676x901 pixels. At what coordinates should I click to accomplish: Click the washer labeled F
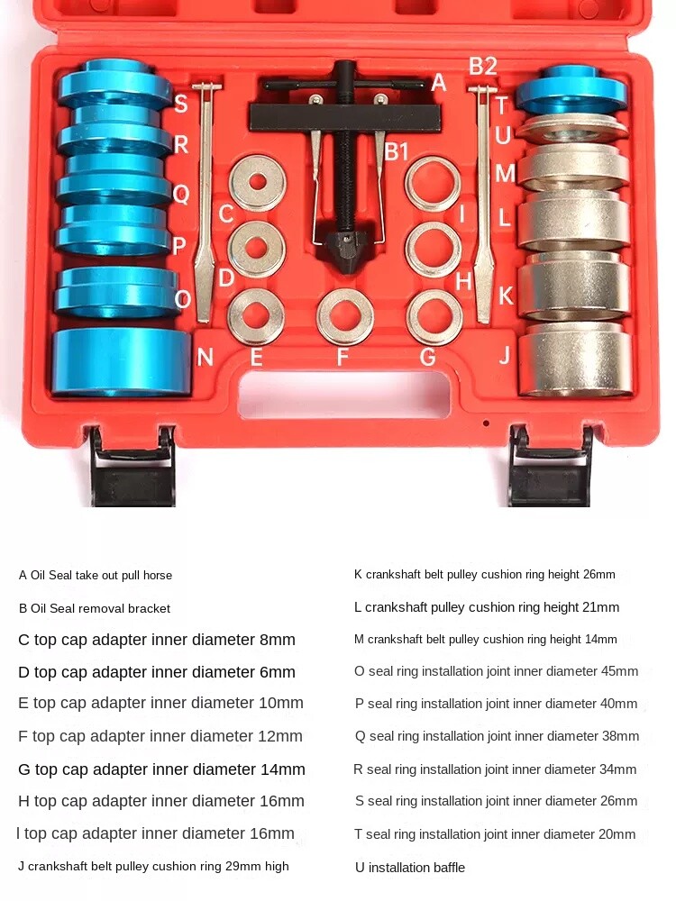[345, 317]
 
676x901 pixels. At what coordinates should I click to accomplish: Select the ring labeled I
[433, 183]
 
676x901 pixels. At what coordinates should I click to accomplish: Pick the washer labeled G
[434, 317]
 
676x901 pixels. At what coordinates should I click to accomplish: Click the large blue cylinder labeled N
[120, 362]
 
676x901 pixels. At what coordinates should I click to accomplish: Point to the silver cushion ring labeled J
[574, 359]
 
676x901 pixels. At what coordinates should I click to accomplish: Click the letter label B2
[482, 66]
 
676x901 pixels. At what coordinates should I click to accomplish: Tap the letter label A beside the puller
[439, 83]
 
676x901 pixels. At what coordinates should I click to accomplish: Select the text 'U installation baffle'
[410, 868]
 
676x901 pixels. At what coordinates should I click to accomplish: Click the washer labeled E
[256, 317]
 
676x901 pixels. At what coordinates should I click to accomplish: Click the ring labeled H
[433, 249]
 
